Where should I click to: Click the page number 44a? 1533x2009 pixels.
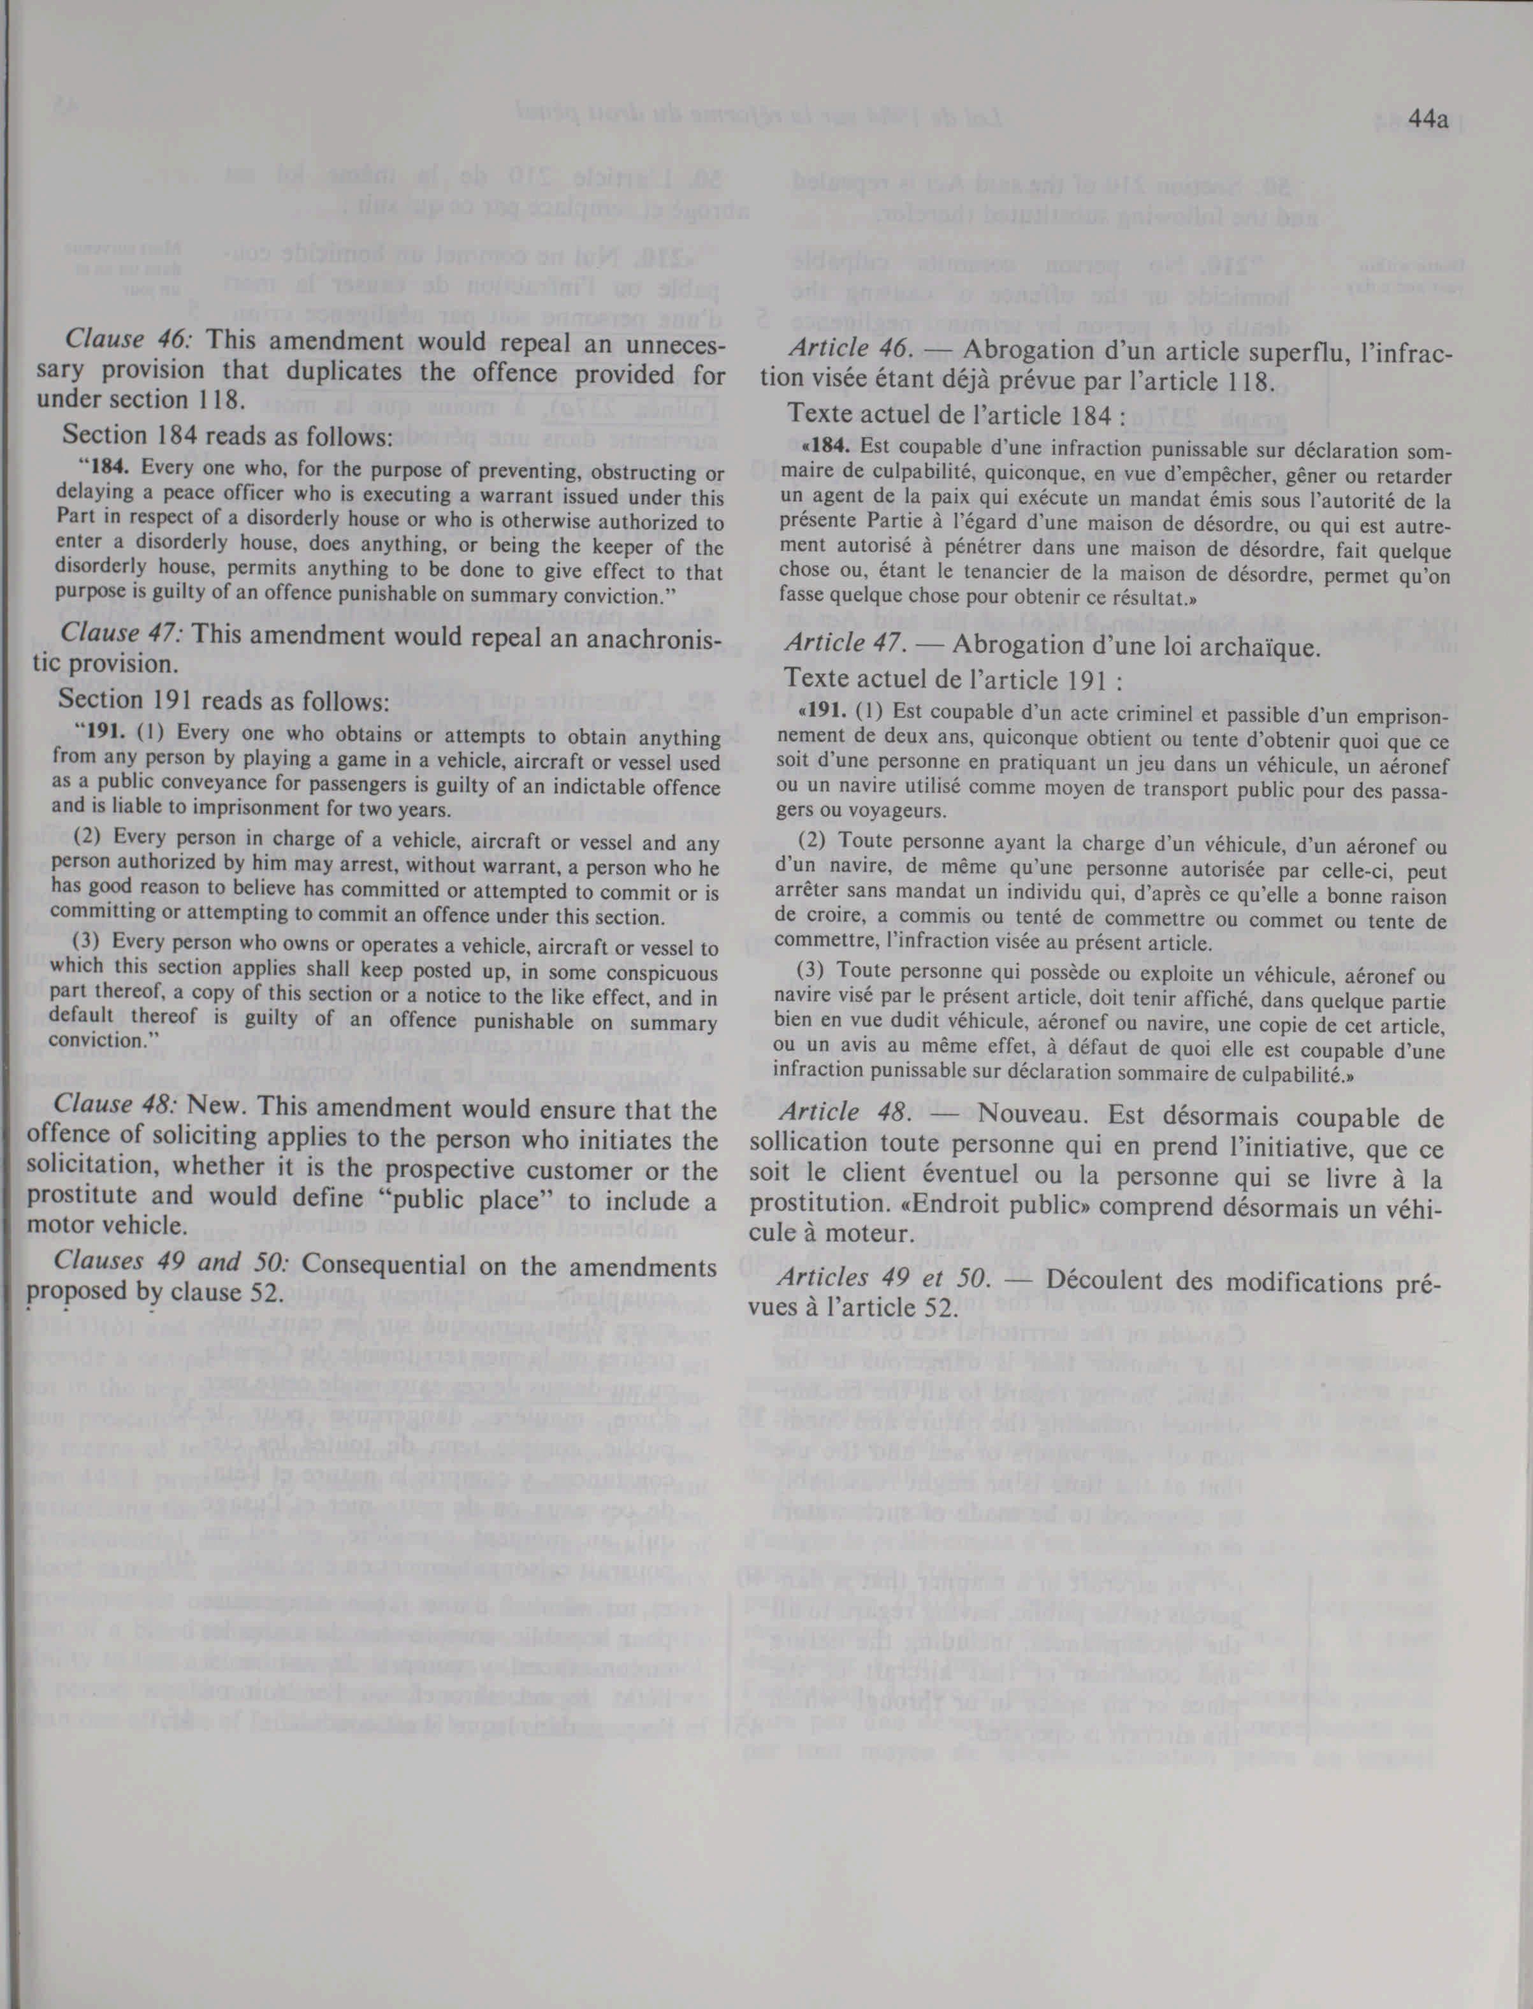click(1428, 120)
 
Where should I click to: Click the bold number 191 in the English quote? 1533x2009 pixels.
click(103, 732)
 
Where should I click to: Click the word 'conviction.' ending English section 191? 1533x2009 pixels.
click(100, 1039)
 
